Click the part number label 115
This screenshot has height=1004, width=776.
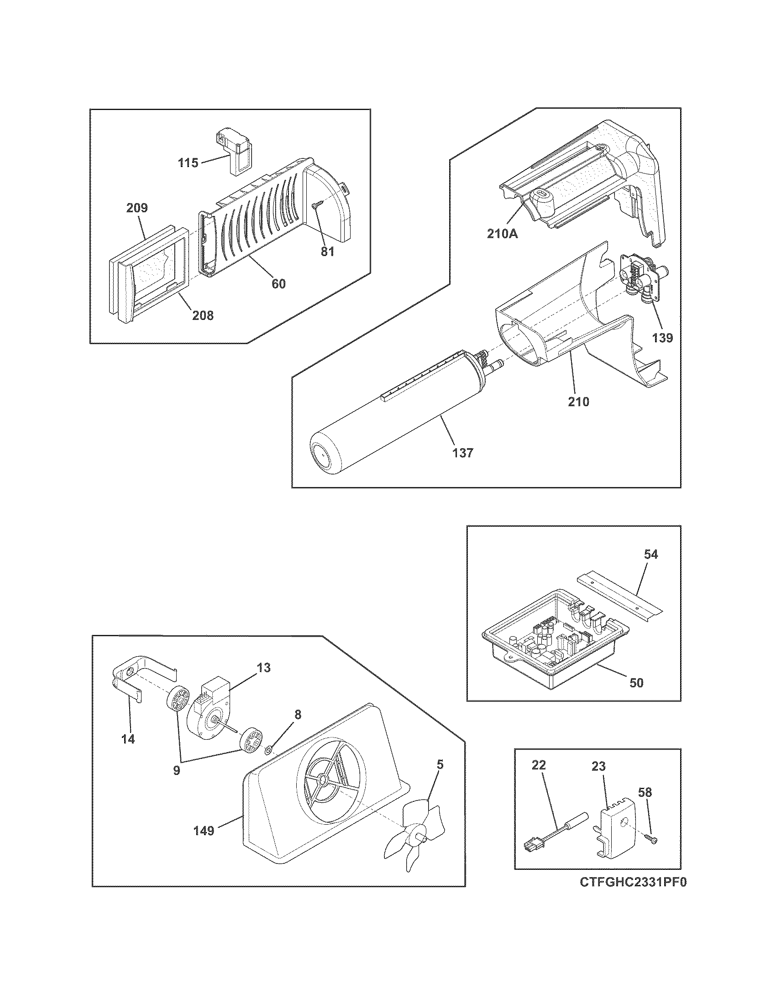click(189, 163)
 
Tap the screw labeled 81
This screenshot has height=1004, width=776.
click(315, 207)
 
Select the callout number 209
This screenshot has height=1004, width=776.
click(137, 208)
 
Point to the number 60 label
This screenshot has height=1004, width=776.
click(278, 284)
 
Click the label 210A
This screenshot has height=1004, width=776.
click(502, 234)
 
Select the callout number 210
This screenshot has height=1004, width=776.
click(578, 401)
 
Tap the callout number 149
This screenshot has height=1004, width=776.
click(204, 831)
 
